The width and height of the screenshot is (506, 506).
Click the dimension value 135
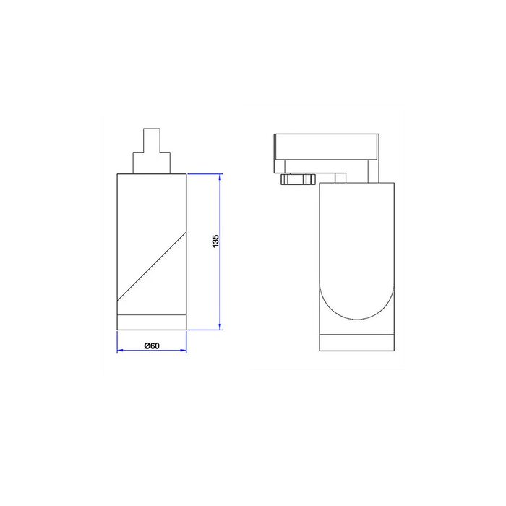[215, 241]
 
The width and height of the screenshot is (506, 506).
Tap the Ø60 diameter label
[152, 346]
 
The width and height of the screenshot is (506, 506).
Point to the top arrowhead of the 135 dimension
[220, 176]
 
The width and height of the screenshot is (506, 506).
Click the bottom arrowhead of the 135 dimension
[220, 327]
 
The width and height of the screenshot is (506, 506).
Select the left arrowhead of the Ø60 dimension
[120, 351]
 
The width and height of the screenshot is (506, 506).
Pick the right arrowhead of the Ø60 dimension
[184, 351]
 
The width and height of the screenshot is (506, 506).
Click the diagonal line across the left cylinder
[152, 266]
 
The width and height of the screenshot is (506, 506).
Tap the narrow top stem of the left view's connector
[152, 140]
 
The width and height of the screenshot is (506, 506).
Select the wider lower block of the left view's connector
[152, 163]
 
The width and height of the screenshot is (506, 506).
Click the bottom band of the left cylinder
[152, 322]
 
